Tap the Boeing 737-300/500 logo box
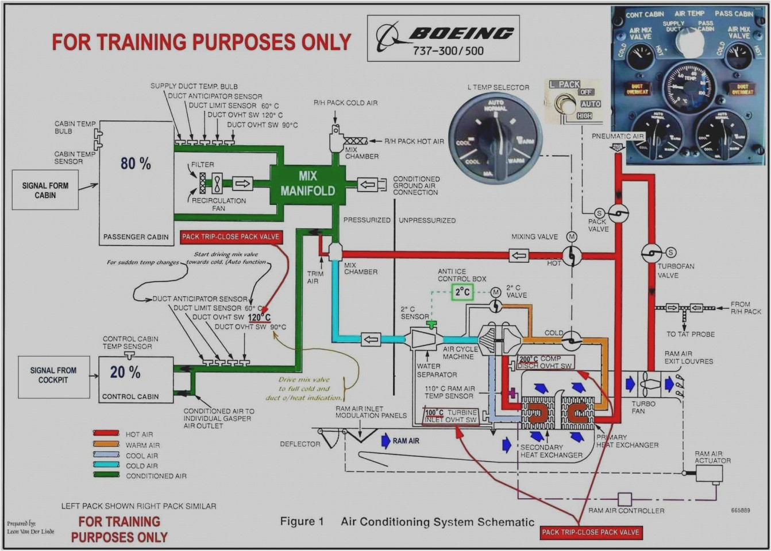click(x=443, y=38)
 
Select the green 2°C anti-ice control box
click(x=462, y=292)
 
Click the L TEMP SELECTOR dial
click(x=495, y=137)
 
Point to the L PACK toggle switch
click(x=568, y=105)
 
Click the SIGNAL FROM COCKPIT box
click(x=53, y=376)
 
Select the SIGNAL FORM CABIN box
click(x=45, y=191)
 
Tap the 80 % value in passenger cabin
click(x=136, y=164)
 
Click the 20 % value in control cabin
click(x=125, y=372)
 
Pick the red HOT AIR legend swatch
click(x=106, y=434)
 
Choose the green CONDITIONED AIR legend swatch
click(x=106, y=475)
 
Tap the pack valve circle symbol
click(x=618, y=214)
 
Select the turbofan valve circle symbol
click(x=651, y=253)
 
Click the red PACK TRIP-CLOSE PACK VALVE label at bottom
click(x=591, y=532)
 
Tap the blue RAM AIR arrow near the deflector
click(x=386, y=441)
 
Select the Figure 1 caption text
click(x=302, y=522)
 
